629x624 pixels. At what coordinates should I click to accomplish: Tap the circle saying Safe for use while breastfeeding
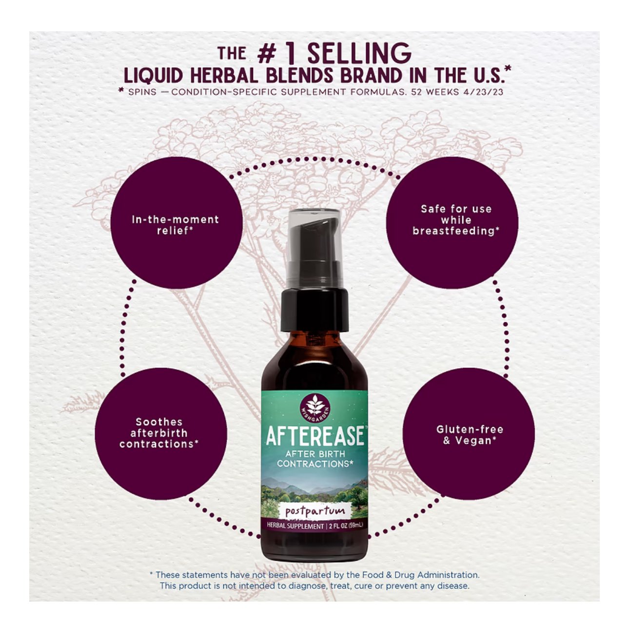452,222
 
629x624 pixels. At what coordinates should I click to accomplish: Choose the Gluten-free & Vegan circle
469,434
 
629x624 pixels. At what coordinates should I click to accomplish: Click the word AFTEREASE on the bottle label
314,436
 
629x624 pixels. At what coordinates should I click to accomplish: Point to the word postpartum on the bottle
314,511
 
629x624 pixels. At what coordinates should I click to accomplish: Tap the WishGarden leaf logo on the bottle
314,407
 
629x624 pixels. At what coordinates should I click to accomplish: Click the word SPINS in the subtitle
142,92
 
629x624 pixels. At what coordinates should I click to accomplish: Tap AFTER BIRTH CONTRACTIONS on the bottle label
314,459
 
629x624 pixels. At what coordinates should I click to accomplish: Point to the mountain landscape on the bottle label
314,487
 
